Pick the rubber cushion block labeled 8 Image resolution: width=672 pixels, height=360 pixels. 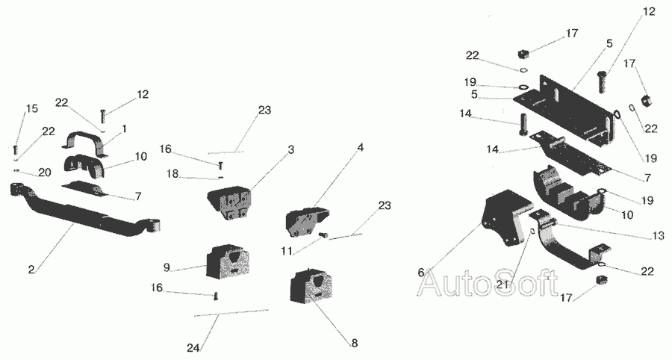click(313, 286)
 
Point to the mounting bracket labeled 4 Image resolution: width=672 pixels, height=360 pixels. click(306, 222)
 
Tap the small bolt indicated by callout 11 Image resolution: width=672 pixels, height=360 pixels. click(324, 234)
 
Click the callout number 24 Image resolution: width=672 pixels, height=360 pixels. click(193, 347)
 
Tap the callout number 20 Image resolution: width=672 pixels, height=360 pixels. click(45, 173)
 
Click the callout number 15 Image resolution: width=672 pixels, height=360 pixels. click(31, 108)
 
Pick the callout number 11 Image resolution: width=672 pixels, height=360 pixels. click(287, 250)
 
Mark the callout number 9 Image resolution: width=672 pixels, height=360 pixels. click(167, 267)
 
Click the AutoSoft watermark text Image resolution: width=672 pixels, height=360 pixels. click(488, 282)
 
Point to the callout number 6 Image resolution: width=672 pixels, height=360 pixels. click(421, 272)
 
